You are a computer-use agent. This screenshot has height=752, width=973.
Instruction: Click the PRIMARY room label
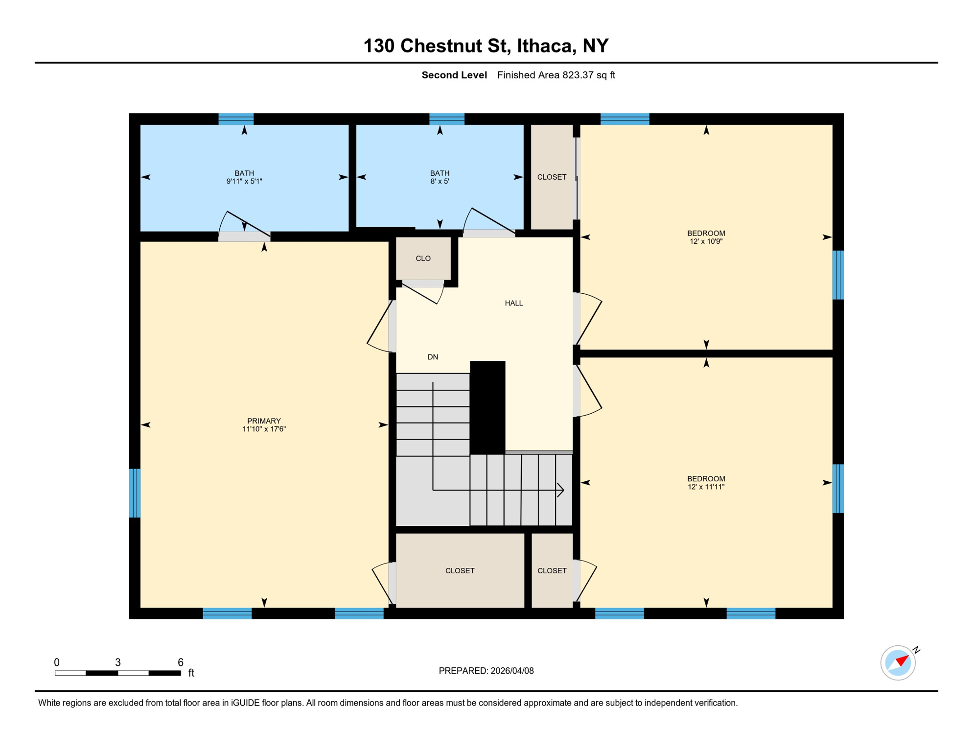point(264,421)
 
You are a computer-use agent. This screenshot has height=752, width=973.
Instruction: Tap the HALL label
point(513,303)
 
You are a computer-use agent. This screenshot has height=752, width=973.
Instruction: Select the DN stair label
point(433,357)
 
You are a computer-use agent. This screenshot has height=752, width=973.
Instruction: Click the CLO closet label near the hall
point(423,258)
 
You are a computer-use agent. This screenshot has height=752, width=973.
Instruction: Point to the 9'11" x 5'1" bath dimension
point(244,181)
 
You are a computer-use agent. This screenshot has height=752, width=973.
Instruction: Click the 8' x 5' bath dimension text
point(440,181)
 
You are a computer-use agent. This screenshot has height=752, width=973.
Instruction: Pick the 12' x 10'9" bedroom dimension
point(706,241)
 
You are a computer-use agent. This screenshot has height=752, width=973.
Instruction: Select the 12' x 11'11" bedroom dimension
point(706,487)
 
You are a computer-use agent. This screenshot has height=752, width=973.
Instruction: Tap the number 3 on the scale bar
point(118,662)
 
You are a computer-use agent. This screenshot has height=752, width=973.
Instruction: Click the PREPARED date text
point(486,671)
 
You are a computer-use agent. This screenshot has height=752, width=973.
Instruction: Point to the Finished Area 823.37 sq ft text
point(556,75)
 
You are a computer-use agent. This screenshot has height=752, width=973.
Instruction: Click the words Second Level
point(454,75)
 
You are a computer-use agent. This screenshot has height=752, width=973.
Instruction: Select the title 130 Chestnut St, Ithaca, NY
point(486,46)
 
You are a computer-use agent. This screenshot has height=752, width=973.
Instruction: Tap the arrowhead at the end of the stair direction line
point(561,490)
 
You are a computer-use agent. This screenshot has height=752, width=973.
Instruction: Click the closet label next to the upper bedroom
point(552,177)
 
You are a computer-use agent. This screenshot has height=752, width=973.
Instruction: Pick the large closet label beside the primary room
point(460,570)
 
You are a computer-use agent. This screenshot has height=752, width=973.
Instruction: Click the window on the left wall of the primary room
point(135,493)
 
